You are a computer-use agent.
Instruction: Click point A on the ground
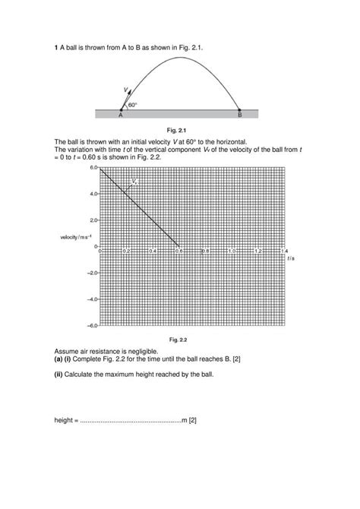121,114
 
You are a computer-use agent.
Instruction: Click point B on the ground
240,114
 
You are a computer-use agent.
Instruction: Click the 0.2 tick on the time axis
127,251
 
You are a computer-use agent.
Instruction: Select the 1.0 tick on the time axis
232,251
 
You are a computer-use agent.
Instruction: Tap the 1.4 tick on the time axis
285,251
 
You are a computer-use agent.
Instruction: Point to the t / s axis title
290,258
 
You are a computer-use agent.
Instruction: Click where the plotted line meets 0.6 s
179,246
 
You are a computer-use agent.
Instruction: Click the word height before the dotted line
65,420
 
